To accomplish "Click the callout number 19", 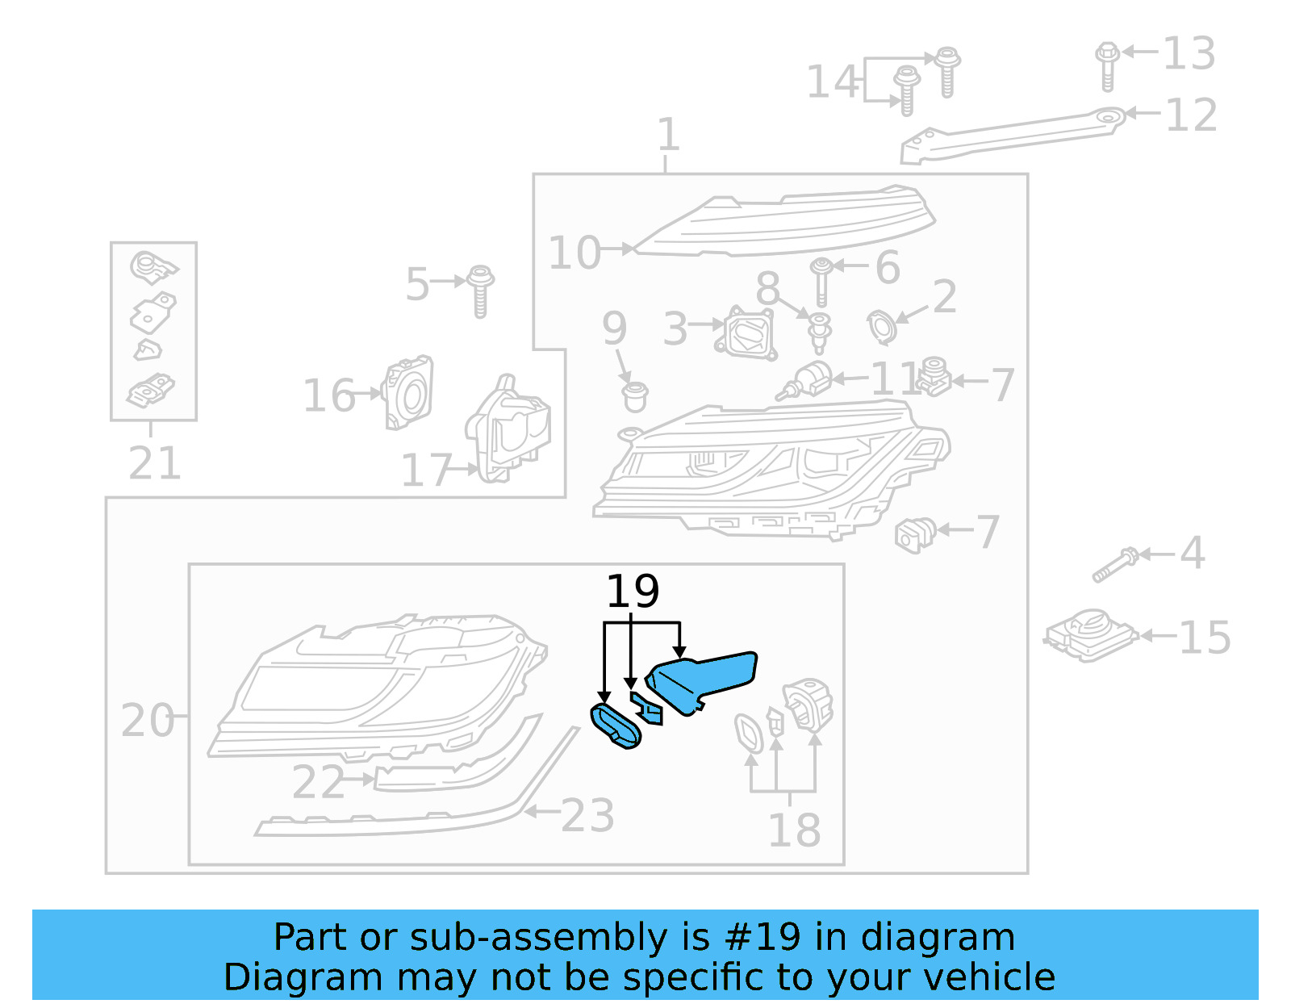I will (633, 592).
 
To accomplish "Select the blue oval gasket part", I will (616, 726).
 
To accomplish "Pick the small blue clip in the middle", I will (647, 708).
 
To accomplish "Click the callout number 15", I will (1204, 638).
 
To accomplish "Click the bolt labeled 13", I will (1107, 65).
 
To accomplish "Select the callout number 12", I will (1191, 115).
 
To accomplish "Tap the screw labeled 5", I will (481, 291).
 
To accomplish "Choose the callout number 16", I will (328, 396).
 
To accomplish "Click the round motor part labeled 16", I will (409, 392).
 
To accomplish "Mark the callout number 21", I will (154, 463).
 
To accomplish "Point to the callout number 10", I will (574, 253).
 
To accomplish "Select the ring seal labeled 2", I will (881, 326).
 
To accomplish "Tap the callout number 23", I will (587, 815).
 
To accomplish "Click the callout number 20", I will (147, 720).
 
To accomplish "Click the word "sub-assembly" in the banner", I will (538, 937).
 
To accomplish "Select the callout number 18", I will (794, 830).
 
